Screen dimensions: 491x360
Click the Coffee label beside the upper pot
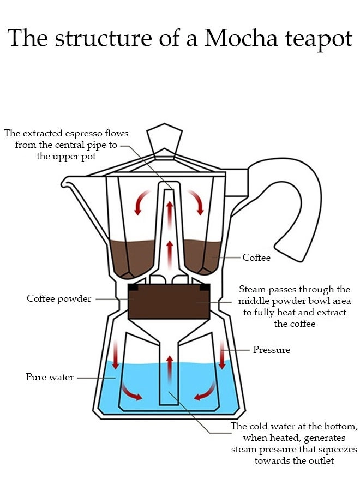[x=256, y=258]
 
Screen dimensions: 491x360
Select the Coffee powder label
[x=59, y=299]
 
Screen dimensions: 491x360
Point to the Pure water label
[x=50, y=377]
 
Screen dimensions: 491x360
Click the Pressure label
[x=272, y=349]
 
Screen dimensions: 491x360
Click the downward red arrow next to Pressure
[x=223, y=354]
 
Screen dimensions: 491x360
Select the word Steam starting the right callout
[x=253, y=289]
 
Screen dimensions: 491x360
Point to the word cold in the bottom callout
[x=262, y=426]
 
